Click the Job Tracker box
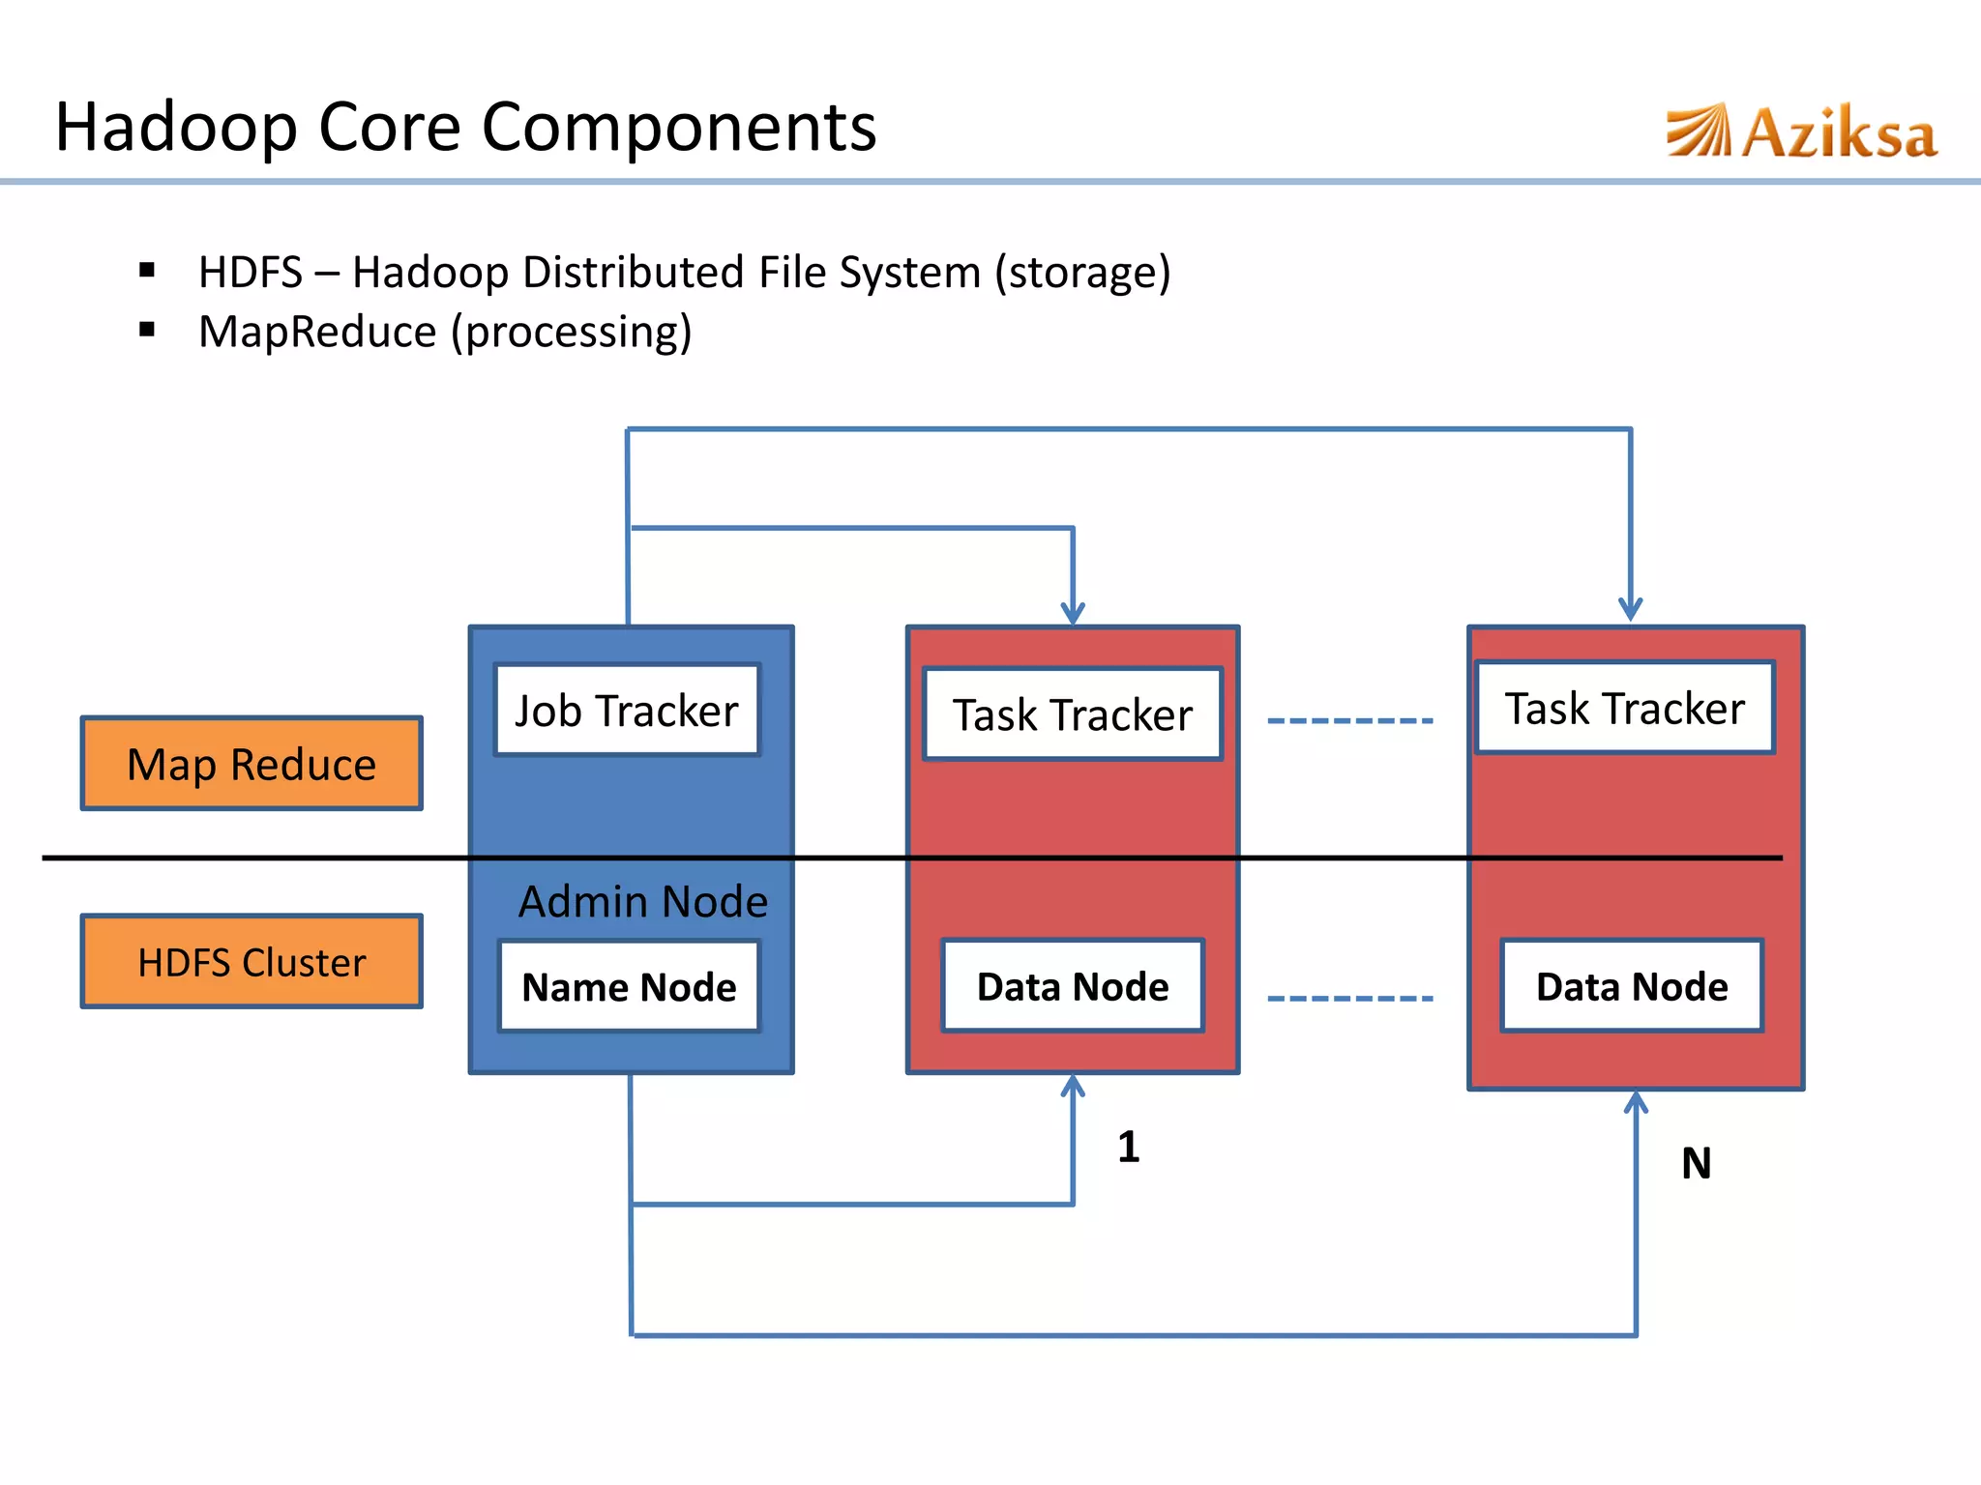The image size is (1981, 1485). pos(627,711)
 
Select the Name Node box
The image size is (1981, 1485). pos(629,987)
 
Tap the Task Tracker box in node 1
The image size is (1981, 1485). pos(1073,714)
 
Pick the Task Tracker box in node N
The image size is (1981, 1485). pos(1625,708)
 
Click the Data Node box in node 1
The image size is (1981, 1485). pos(1073,986)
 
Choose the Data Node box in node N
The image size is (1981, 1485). pos(1632,986)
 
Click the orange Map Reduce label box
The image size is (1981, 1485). pos(251,764)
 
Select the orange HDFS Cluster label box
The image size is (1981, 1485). pos(251,962)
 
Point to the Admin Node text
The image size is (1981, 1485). pos(643,901)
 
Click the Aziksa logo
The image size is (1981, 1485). pos(1801,132)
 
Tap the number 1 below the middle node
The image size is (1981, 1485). pos(1128,1148)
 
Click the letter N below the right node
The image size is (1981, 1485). pos(1696,1163)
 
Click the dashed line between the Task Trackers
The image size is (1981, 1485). pos(1349,721)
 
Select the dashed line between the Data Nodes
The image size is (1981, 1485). pos(1349,999)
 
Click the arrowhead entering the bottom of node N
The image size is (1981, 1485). pos(1636,1103)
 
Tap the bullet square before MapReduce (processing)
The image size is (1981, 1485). pos(147,331)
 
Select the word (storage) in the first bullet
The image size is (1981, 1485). pos(1082,273)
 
